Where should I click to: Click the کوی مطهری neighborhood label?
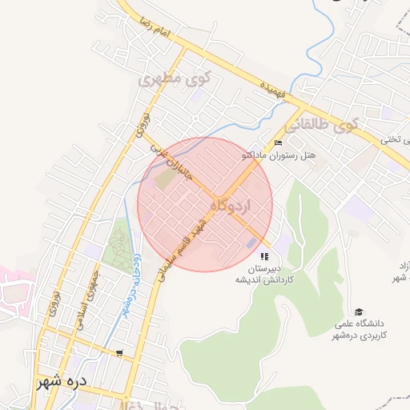click(x=173, y=80)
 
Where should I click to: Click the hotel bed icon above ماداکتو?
click(x=278, y=143)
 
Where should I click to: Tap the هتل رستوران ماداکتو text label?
click(x=279, y=155)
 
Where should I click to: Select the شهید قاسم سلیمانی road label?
click(x=185, y=248)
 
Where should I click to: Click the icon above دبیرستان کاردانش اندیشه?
click(x=264, y=257)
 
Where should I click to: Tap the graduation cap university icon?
click(x=359, y=312)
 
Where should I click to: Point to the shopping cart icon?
click(x=119, y=352)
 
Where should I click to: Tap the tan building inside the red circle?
click(x=163, y=180)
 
